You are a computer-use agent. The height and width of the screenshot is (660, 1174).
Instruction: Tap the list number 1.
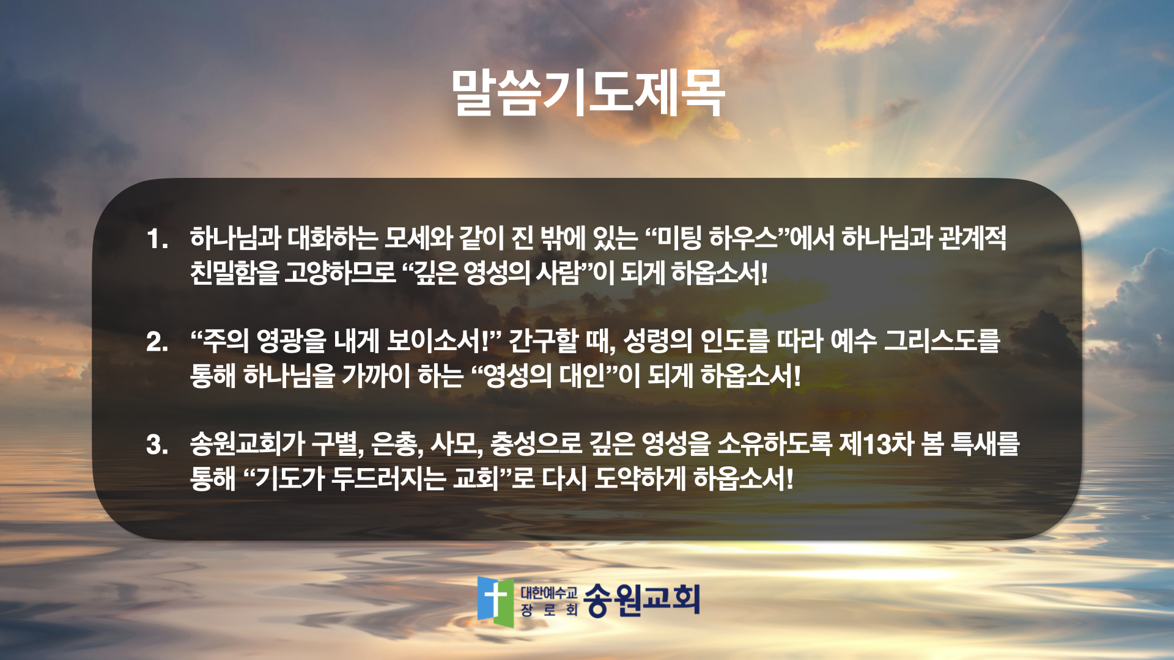point(157,239)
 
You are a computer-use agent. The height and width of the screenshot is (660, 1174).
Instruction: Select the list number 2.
point(157,342)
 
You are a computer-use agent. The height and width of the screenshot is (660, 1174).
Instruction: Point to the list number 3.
point(157,444)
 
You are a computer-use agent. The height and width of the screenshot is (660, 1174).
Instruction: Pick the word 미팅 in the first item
point(678,238)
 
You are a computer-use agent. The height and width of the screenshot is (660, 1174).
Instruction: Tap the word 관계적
point(972,238)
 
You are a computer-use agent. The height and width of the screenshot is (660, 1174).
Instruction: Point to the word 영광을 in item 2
point(291,341)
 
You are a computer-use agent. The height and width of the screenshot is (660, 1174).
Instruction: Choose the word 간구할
point(543,341)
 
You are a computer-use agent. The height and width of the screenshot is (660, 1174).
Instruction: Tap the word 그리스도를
point(942,341)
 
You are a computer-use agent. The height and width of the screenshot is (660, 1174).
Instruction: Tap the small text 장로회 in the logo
point(549,610)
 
